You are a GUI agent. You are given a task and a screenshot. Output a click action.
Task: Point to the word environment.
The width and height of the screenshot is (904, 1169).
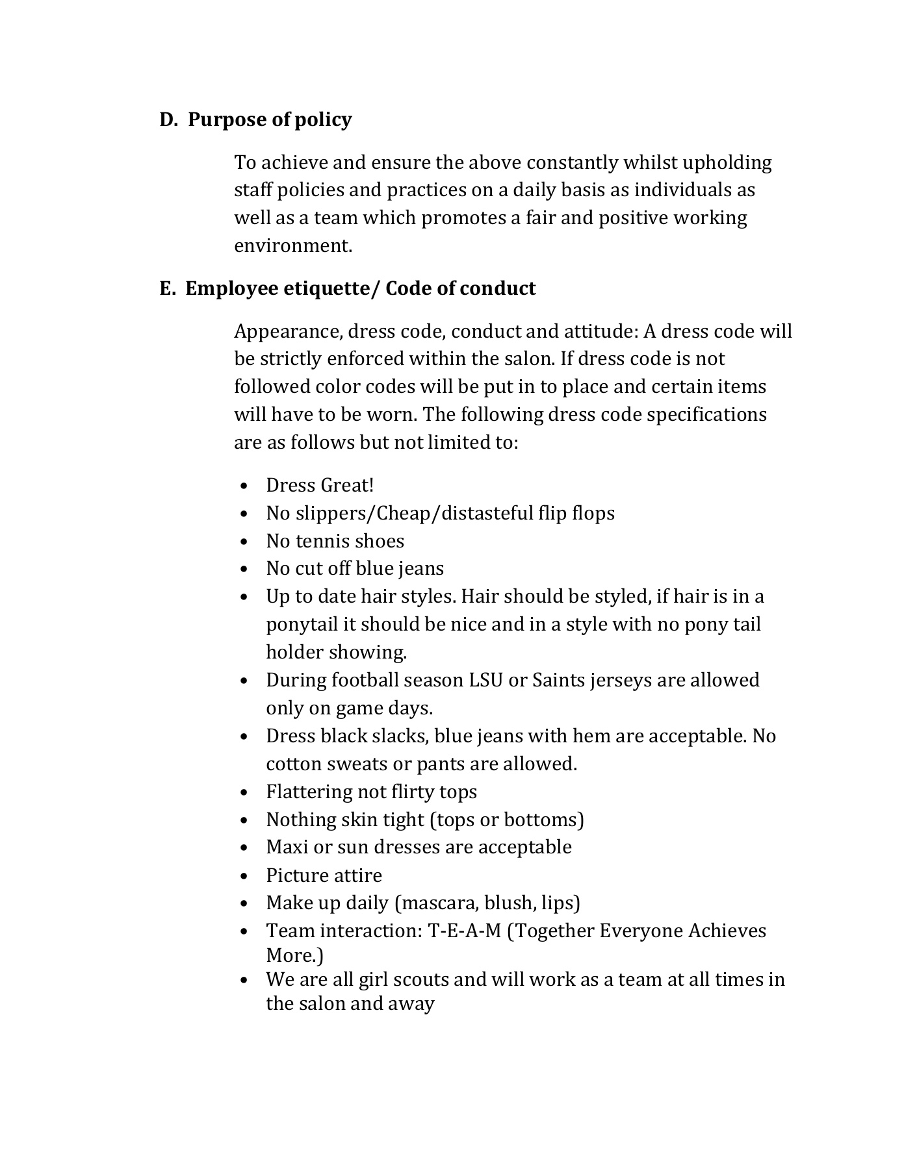pyautogui.click(x=293, y=246)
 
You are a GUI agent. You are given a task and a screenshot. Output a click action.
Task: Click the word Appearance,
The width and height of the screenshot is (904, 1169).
pyautogui.click(x=288, y=332)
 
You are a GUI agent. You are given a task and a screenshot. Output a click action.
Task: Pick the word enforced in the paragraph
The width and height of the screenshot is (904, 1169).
pyautogui.click(x=367, y=359)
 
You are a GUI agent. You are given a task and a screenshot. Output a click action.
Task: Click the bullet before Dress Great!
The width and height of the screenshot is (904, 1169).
pyautogui.click(x=244, y=486)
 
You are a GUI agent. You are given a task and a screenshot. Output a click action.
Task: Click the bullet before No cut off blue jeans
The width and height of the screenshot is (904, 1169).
pyautogui.click(x=244, y=570)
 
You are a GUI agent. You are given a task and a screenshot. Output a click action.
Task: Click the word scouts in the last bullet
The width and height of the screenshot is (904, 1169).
pyautogui.click(x=420, y=979)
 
